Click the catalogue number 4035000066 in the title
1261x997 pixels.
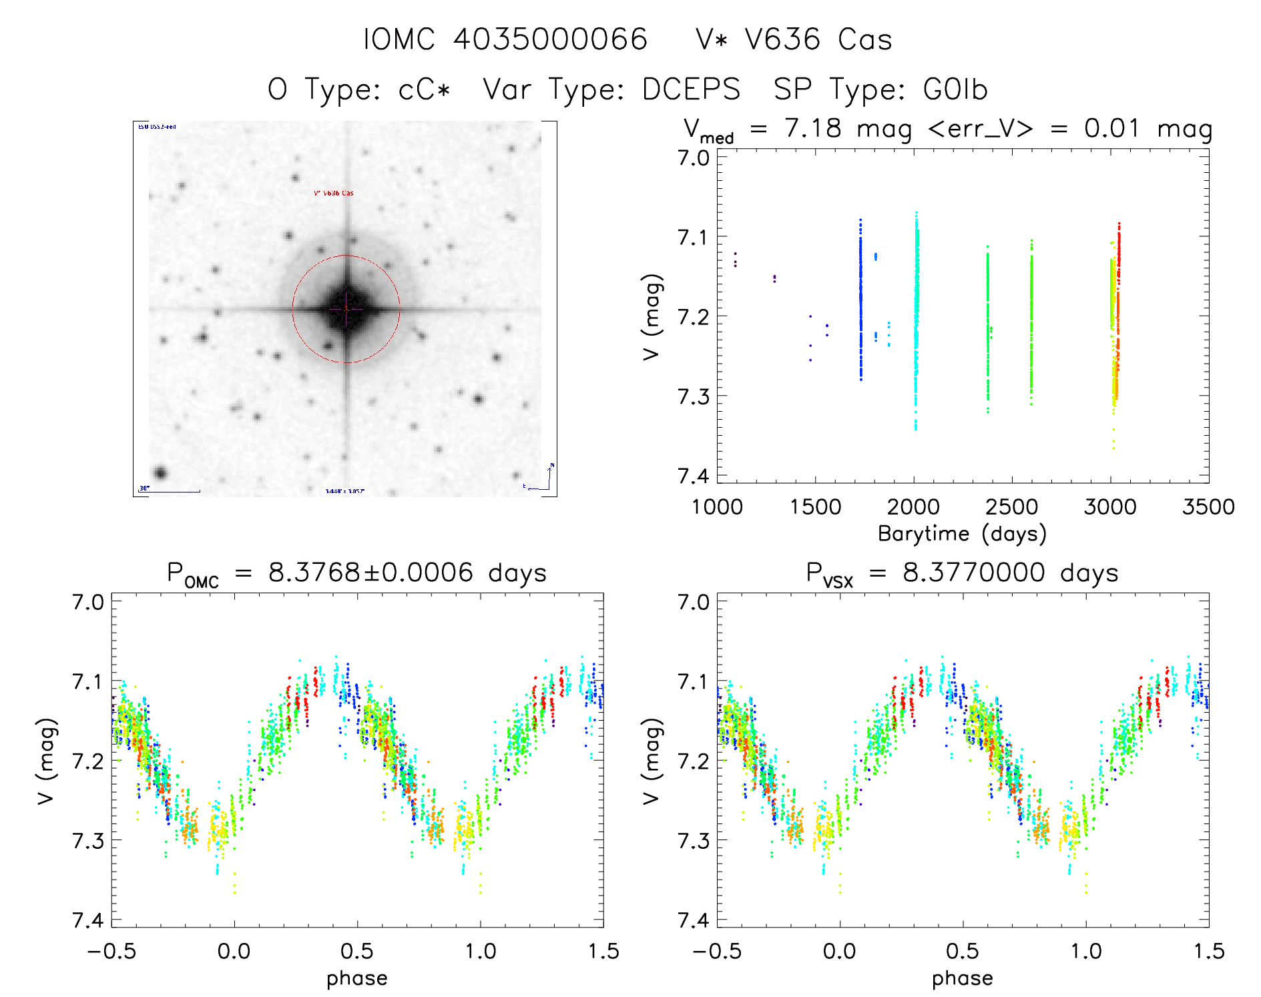pyautogui.click(x=550, y=39)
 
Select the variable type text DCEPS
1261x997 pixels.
pyautogui.click(x=691, y=89)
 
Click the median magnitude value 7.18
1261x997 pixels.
pyautogui.click(x=813, y=128)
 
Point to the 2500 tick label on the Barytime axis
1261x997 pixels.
pyautogui.click(x=1011, y=507)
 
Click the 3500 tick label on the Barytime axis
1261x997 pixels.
pyautogui.click(x=1208, y=507)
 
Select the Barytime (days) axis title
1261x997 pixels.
pyautogui.click(x=962, y=534)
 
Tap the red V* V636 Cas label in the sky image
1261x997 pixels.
pyautogui.click(x=334, y=194)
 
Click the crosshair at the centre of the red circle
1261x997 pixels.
pyautogui.click(x=346, y=309)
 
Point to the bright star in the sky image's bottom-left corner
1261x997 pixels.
pyautogui.click(x=160, y=474)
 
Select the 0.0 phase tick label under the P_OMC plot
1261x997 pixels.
pyautogui.click(x=234, y=952)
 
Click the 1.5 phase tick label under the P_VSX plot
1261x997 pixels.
pyautogui.click(x=1208, y=952)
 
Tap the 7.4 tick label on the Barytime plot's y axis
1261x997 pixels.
pyautogui.click(x=694, y=476)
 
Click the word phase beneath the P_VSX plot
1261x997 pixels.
pyautogui.click(x=962, y=978)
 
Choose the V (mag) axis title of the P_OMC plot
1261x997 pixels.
pyautogui.click(x=46, y=761)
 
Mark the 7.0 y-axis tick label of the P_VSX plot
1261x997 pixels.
pyautogui.click(x=694, y=602)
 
